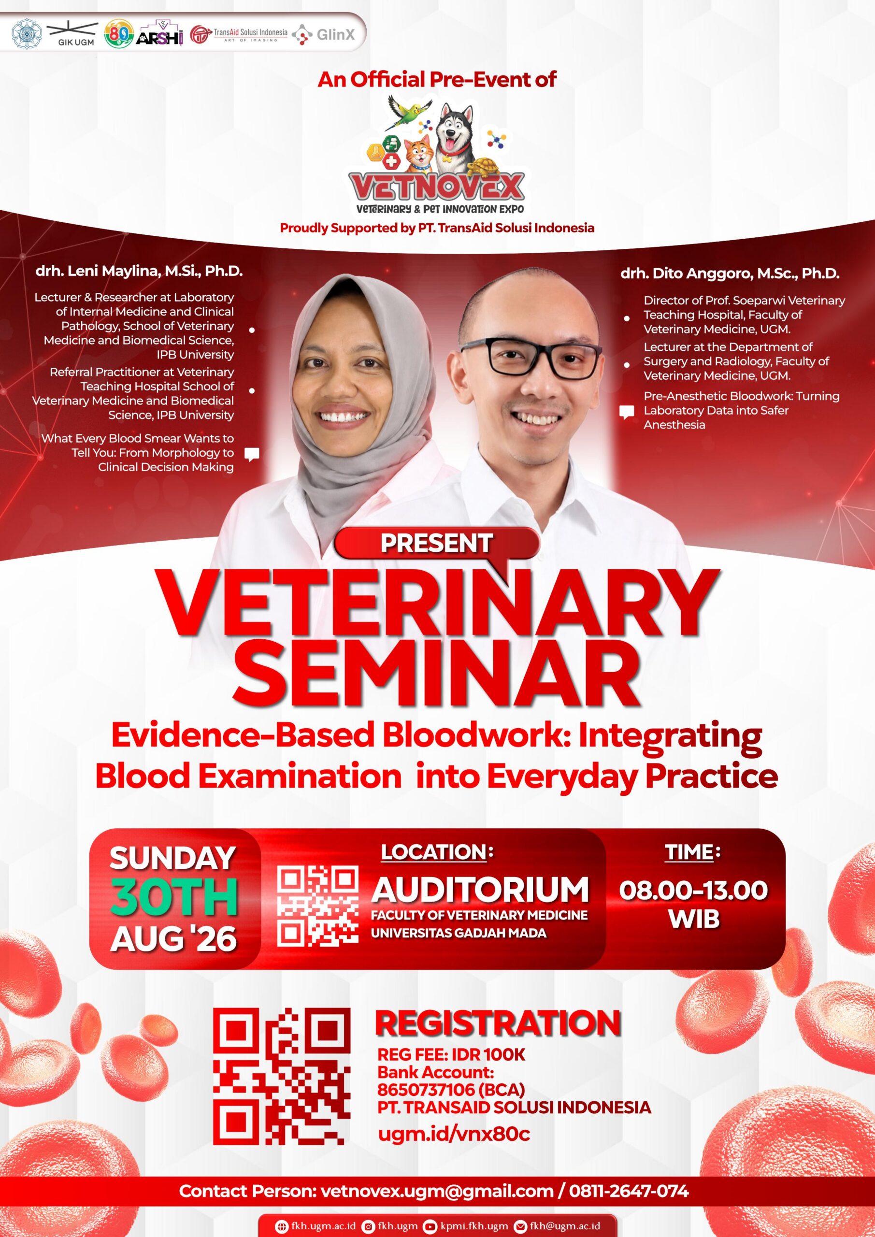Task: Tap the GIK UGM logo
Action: click(73, 33)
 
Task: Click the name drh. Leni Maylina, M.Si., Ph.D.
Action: click(139, 271)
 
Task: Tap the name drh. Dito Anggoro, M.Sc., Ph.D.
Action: click(730, 273)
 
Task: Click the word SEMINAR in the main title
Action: click(438, 676)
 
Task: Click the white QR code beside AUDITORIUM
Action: click(318, 906)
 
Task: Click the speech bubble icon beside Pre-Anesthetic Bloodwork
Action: click(626, 413)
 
